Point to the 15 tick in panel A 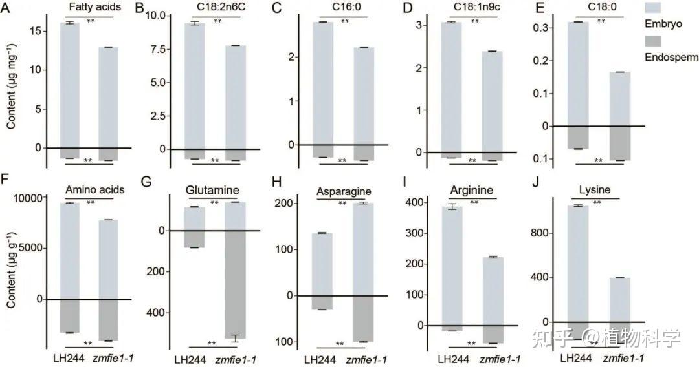tap(38, 30)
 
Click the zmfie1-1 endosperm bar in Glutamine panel tap(234, 284)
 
